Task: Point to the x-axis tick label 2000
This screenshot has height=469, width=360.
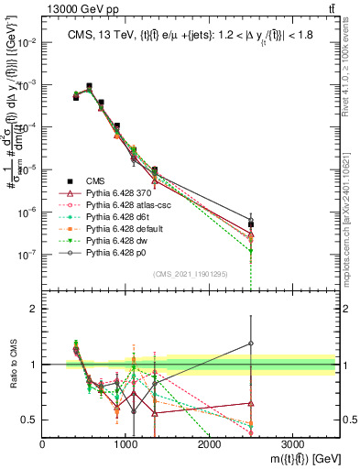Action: tap(209, 443)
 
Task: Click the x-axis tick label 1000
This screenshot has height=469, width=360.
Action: tap(125, 443)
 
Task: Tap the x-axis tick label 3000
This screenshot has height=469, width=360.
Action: tap(292, 443)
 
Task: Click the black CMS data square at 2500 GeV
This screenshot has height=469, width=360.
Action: tap(251, 224)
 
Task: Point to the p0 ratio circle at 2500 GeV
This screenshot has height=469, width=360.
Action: tap(251, 344)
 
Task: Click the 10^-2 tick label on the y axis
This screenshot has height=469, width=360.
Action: tap(27, 42)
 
